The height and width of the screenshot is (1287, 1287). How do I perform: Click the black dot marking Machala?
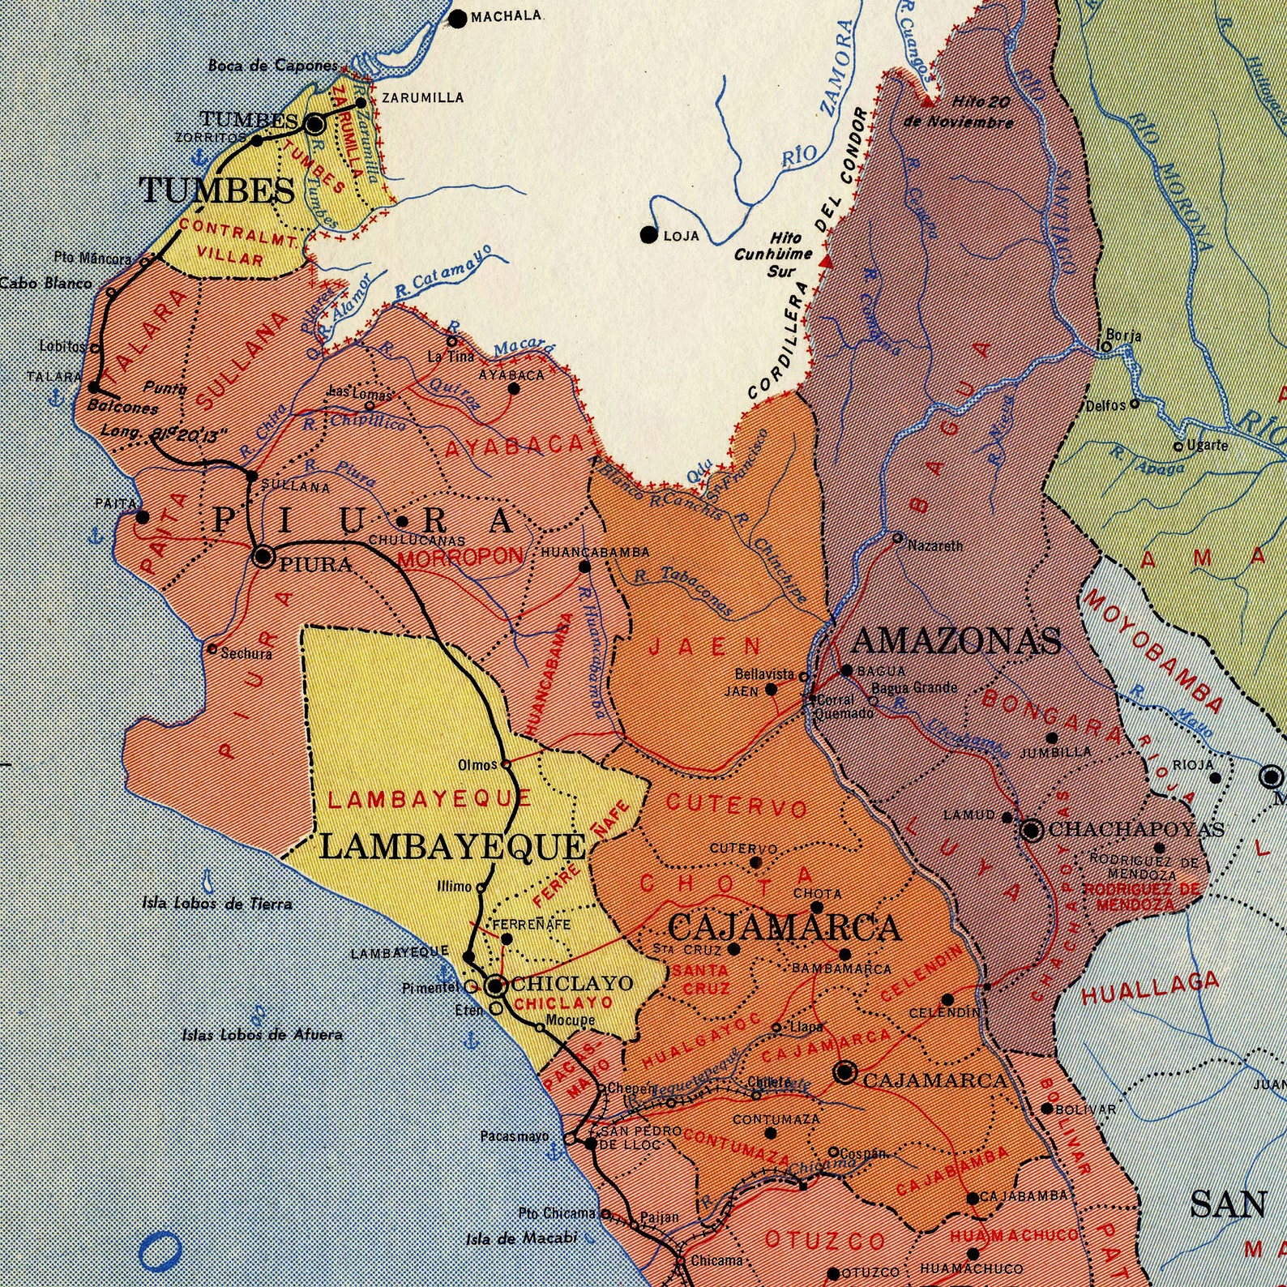point(458,18)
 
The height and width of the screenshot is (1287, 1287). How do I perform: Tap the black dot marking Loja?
point(648,235)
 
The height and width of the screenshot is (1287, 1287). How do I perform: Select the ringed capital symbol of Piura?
point(263,557)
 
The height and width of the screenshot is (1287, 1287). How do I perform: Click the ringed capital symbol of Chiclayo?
point(496,986)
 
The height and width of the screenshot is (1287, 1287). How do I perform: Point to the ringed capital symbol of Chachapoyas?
point(1031,830)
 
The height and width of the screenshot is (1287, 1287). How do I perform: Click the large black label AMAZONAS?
point(956,641)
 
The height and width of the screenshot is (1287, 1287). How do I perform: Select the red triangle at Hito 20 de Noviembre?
point(928,103)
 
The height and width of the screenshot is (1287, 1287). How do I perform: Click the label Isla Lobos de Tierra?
point(217,903)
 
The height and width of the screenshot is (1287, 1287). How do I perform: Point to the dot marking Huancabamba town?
point(584,567)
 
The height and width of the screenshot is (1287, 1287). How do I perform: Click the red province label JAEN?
point(705,646)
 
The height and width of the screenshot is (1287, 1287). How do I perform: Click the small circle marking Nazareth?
point(897,537)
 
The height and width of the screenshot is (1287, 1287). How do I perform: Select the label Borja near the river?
point(1124,336)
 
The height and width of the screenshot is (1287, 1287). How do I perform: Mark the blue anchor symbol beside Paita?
point(96,535)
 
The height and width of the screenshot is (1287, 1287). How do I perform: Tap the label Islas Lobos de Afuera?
point(262,1034)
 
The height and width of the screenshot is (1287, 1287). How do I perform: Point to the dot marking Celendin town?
point(947,999)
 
